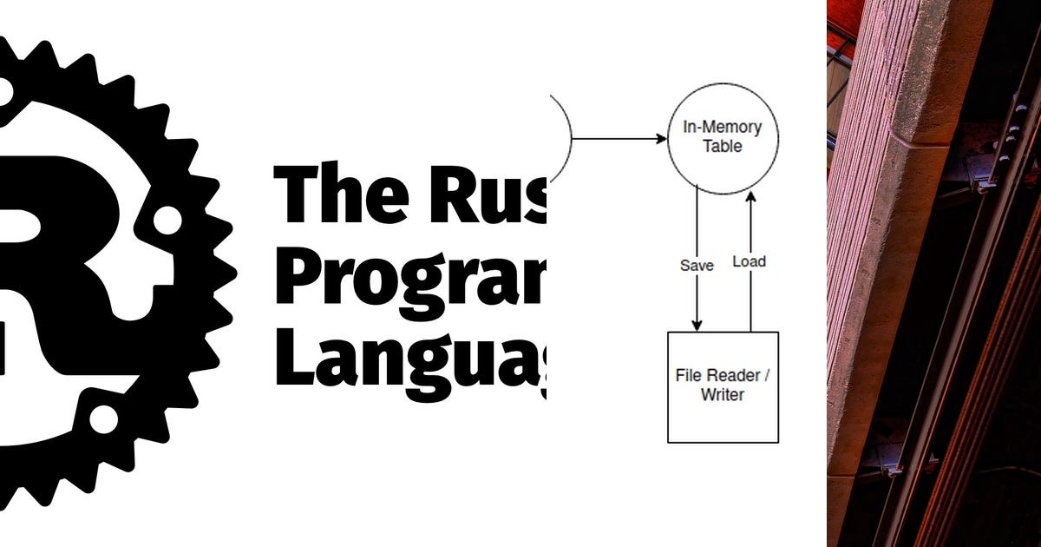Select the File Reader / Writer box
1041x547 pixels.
(x=723, y=387)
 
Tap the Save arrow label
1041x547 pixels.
(x=697, y=266)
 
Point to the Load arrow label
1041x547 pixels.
(x=750, y=260)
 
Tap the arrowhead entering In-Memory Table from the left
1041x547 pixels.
(x=659, y=139)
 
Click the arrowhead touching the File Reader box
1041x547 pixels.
(x=697, y=326)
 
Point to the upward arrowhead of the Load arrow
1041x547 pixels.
(x=750, y=197)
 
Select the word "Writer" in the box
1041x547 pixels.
(x=723, y=395)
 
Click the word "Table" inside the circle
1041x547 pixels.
(x=723, y=147)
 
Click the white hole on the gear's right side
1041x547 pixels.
(x=167, y=220)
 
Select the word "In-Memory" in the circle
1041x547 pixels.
(x=723, y=128)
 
